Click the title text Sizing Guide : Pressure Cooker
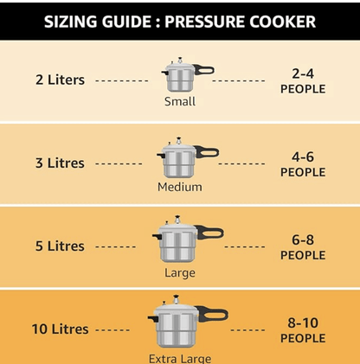[x=180, y=21]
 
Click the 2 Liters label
[x=60, y=80]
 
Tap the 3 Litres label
[x=60, y=163]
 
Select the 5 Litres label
[x=60, y=246]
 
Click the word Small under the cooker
[x=180, y=101]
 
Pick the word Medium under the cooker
[x=180, y=187]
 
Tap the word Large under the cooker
[x=180, y=272]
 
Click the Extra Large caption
[x=180, y=358]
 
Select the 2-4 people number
[x=303, y=73]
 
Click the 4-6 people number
[x=303, y=156]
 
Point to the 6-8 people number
[x=303, y=239]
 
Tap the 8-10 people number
[x=303, y=322]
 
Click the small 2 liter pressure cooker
[x=177, y=75]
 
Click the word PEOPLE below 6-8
[x=303, y=255]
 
